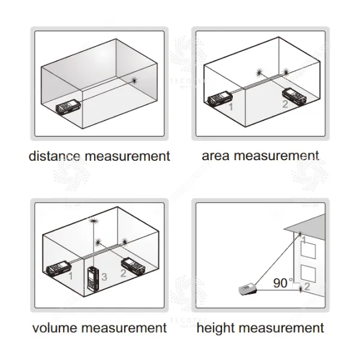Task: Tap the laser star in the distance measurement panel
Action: tap(134, 80)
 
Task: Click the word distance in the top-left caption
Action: tap(55, 156)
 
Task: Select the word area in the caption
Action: tap(215, 156)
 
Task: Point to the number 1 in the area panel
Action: tap(231, 107)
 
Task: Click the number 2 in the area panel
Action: tap(285, 104)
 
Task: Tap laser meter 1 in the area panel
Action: tap(220, 98)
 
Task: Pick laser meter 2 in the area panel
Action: tap(295, 97)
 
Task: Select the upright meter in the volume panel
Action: tap(93, 278)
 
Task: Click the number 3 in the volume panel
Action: tap(104, 277)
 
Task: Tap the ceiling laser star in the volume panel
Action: tap(94, 221)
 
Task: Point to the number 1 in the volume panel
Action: tap(70, 276)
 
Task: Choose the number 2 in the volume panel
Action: tap(123, 273)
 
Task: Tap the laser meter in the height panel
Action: tap(248, 290)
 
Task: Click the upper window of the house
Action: tap(308, 250)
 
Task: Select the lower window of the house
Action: tap(308, 274)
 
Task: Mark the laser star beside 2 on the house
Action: tap(301, 290)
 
